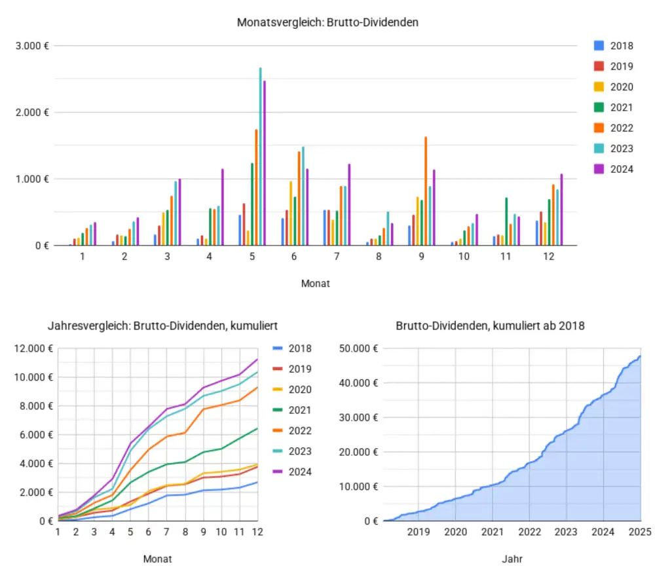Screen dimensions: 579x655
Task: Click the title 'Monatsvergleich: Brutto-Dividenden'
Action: [x=327, y=22]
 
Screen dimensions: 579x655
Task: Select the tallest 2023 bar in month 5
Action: [x=260, y=157]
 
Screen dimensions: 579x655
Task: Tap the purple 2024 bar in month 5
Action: [x=265, y=164]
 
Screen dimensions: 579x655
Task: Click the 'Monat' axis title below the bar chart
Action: [x=315, y=284]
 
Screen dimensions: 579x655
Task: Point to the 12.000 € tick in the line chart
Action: [x=31, y=348]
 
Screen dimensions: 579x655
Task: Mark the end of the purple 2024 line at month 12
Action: [x=257, y=359]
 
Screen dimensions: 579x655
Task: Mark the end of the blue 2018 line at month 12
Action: [x=257, y=482]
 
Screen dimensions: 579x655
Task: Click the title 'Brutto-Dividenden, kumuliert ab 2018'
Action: [x=490, y=326]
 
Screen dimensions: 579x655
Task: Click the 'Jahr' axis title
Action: [x=513, y=559]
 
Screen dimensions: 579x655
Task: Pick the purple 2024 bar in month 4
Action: [x=223, y=207]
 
